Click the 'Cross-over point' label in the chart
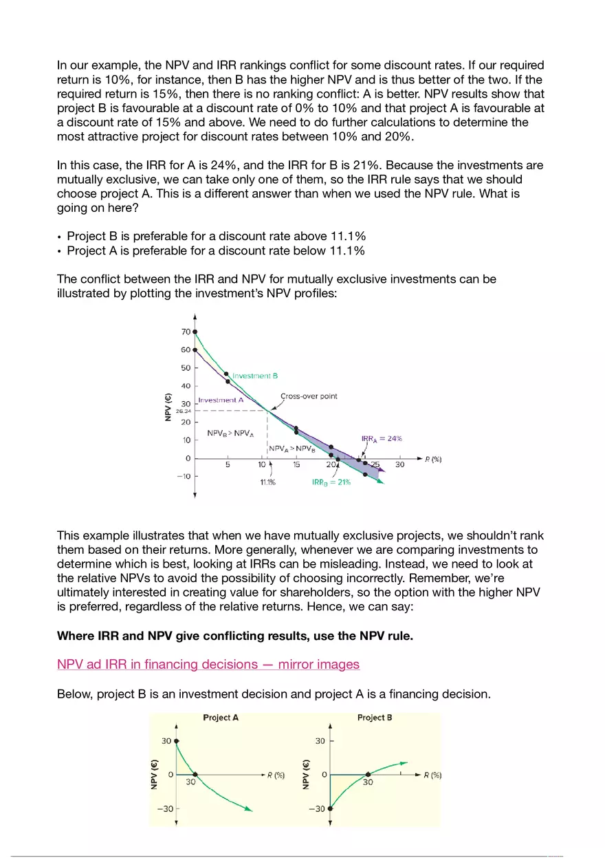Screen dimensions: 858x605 pyautogui.click(x=309, y=396)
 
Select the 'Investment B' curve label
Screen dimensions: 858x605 pyautogui.click(x=254, y=376)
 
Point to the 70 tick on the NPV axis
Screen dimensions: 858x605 pyautogui.click(x=186, y=332)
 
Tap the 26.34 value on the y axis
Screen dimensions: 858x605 pyautogui.click(x=182, y=411)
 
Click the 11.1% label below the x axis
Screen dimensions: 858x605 pyautogui.click(x=267, y=482)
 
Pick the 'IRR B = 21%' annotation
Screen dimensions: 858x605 pyautogui.click(x=331, y=482)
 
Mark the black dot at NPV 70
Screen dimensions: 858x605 pyautogui.click(x=195, y=332)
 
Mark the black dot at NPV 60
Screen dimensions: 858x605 pyautogui.click(x=195, y=350)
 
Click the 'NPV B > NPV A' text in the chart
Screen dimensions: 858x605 pyautogui.click(x=230, y=434)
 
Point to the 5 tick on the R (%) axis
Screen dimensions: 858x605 pyautogui.click(x=228, y=464)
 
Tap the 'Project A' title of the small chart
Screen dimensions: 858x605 pyautogui.click(x=221, y=718)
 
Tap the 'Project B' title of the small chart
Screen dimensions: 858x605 pyautogui.click(x=375, y=718)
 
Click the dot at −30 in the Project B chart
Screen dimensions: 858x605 pyautogui.click(x=330, y=808)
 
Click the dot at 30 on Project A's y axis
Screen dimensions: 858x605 pyautogui.click(x=177, y=742)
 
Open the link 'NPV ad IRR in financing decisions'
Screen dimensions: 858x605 pyautogui.click(x=208, y=664)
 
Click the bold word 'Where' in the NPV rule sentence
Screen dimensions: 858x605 pyautogui.click(x=74, y=636)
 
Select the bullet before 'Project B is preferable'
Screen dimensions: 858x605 pyautogui.click(x=60, y=237)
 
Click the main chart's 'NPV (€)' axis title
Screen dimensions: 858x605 pyautogui.click(x=168, y=407)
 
